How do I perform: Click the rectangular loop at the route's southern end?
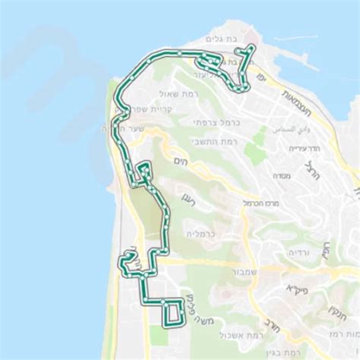tap(174, 311)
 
